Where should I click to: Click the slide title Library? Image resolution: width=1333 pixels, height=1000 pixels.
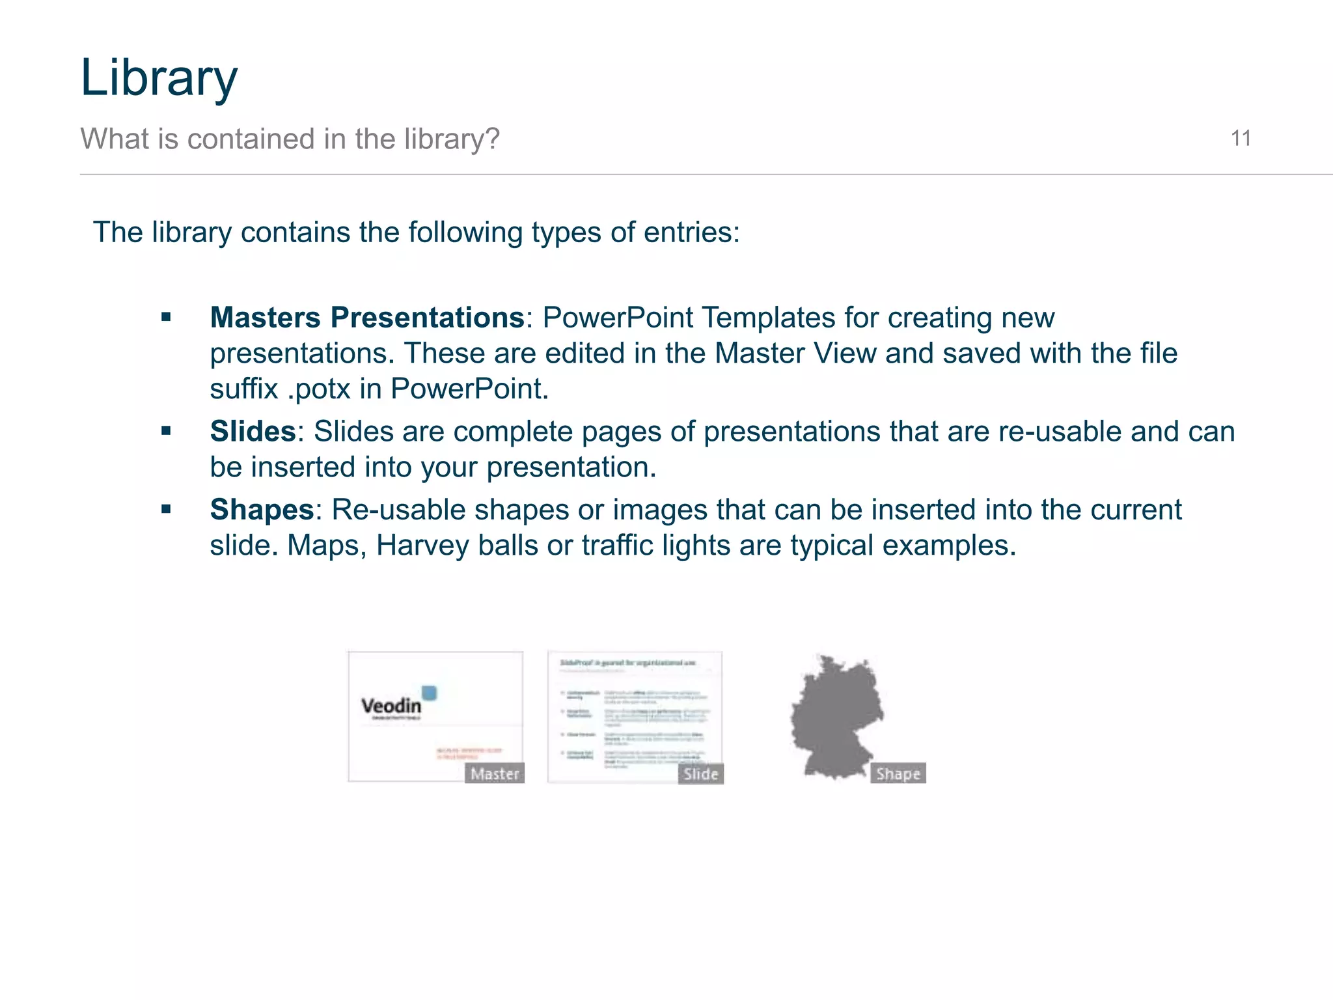point(159,78)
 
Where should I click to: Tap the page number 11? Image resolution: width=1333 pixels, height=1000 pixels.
point(1241,139)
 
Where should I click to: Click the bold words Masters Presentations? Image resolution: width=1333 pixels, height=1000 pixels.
point(367,318)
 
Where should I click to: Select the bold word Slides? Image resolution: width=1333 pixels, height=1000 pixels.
point(253,432)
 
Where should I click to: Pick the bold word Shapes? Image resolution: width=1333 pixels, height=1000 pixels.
point(262,510)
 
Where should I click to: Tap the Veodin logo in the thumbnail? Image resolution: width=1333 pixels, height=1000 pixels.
point(392,705)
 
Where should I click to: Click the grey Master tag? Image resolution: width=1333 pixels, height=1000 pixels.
point(495,773)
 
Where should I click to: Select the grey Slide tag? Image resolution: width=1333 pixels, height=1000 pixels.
point(700,773)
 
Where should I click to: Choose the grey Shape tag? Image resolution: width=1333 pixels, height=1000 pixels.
point(898,773)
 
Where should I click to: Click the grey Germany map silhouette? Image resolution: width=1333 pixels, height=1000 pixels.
point(836,716)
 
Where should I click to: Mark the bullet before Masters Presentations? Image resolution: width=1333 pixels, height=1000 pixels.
point(166,318)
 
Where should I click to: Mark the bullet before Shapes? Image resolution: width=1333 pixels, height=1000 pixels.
point(166,510)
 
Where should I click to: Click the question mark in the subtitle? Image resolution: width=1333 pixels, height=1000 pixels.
point(493,139)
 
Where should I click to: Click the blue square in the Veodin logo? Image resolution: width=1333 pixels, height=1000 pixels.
point(429,693)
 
